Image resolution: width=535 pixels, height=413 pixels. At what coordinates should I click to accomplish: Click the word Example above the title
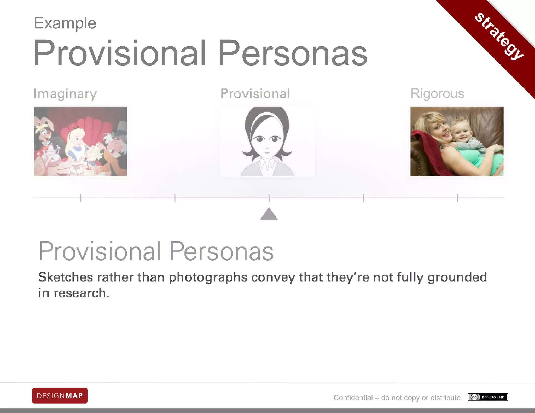click(65, 23)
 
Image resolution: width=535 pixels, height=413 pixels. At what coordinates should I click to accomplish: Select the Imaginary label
click(65, 94)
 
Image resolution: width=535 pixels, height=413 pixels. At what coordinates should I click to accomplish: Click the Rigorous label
click(437, 93)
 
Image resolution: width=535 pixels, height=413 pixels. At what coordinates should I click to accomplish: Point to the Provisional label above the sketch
click(255, 94)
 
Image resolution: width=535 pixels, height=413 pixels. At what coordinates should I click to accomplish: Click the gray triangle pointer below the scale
click(269, 214)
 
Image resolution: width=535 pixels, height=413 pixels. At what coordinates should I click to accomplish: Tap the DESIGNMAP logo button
click(60, 396)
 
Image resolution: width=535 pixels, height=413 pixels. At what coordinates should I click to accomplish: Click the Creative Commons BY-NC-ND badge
click(488, 397)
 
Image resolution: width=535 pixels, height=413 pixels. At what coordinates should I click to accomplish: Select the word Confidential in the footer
click(353, 398)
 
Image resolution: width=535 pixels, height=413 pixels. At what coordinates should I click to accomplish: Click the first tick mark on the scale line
click(81, 198)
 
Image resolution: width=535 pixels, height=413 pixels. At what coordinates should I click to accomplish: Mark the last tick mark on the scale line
click(458, 198)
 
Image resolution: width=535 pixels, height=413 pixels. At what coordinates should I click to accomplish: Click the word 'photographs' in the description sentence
click(208, 277)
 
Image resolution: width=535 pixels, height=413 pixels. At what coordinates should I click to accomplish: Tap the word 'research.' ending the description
click(82, 293)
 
